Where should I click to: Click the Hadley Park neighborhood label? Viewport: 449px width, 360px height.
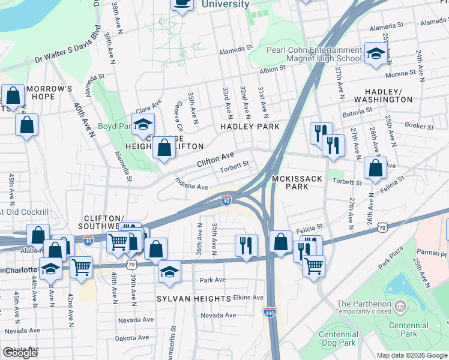click(x=250, y=127)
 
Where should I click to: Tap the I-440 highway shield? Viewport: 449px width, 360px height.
click(x=269, y=311)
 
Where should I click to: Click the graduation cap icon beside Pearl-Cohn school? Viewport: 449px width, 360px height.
click(x=376, y=55)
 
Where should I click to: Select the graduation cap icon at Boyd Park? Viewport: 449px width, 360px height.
click(x=143, y=124)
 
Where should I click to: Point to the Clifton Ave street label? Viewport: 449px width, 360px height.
click(x=215, y=159)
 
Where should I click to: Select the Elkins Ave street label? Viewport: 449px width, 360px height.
click(x=249, y=297)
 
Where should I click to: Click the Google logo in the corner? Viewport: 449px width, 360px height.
click(x=19, y=353)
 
